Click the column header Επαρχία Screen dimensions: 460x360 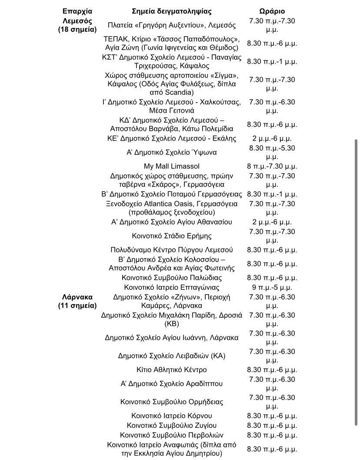pyautogui.click(x=77, y=11)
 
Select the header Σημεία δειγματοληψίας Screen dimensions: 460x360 pyautogui.click(x=172, y=11)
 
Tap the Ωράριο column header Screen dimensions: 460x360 pyautogui.click(x=272, y=11)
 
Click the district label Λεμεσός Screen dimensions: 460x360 pyautogui.click(x=77, y=20)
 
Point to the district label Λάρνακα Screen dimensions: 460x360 pyautogui.click(x=77, y=297)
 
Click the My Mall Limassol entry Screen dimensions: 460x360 pyautogui.click(x=172, y=166)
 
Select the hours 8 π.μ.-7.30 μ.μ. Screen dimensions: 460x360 pyautogui.click(x=272, y=166)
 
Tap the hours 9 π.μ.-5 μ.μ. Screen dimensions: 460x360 pyautogui.click(x=272, y=287)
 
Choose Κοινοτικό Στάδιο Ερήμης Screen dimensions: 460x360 pyautogui.click(x=172, y=236)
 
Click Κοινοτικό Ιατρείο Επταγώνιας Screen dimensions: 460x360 pyautogui.click(x=172, y=287)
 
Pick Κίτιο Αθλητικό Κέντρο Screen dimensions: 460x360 pyautogui.click(x=172, y=369)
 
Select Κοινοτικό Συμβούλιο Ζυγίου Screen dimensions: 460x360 pyautogui.click(x=172, y=425)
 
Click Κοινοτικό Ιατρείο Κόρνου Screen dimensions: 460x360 pyautogui.click(x=172, y=416)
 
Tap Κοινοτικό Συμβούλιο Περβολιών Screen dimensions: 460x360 pyautogui.click(x=172, y=435)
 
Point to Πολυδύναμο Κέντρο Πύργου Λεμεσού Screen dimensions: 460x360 pyautogui.click(x=172, y=250)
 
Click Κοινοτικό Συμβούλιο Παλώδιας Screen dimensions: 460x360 pyautogui.click(x=172, y=278)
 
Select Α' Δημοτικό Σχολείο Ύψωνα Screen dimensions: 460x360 pyautogui.click(x=172, y=152)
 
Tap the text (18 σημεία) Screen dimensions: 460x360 pyautogui.click(x=77, y=30)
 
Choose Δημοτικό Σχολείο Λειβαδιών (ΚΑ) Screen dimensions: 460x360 pyautogui.click(x=172, y=356)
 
